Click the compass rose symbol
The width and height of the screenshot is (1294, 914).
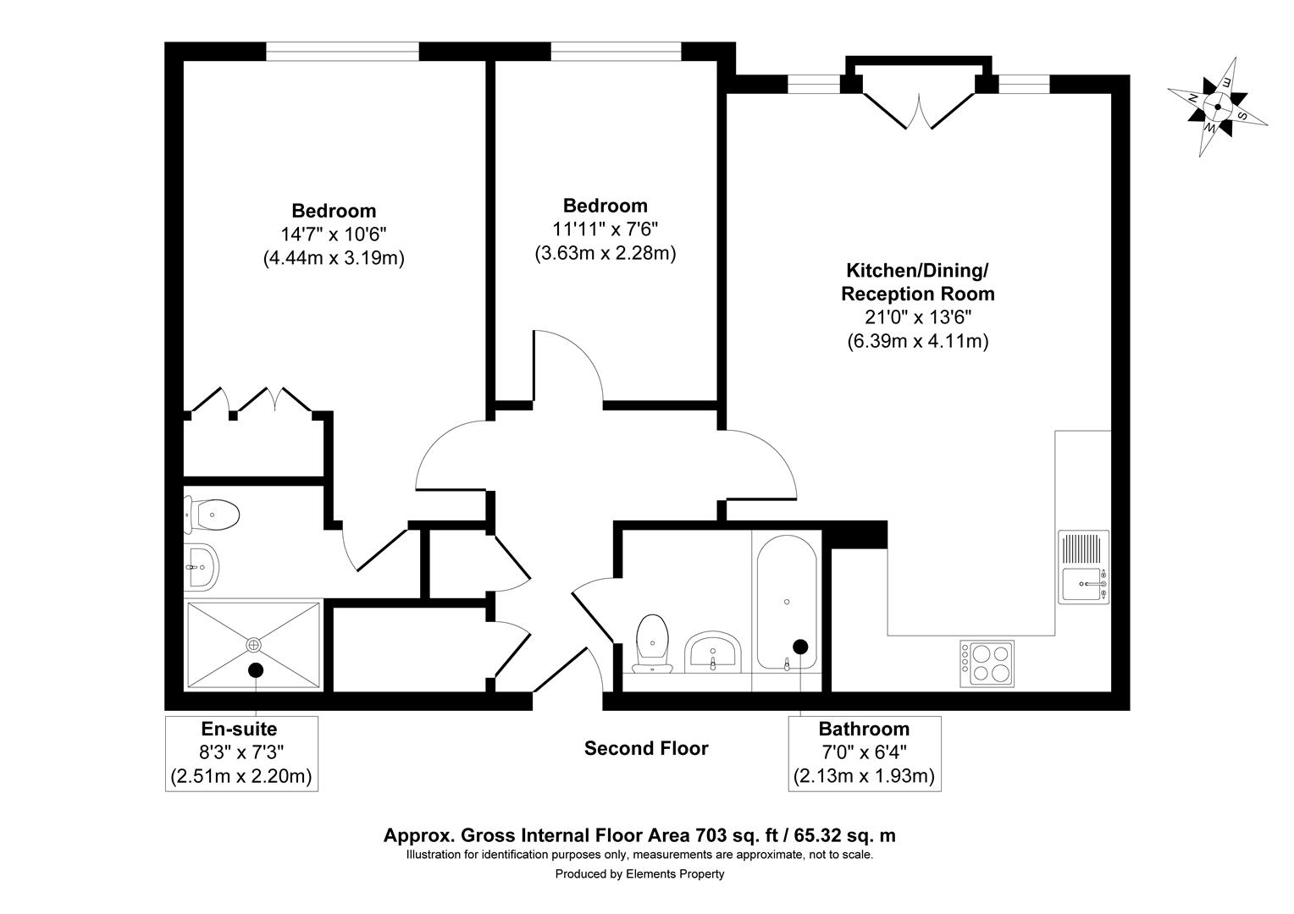point(1217,107)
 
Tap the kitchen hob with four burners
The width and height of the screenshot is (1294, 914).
point(987,662)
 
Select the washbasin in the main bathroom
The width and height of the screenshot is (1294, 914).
point(713,652)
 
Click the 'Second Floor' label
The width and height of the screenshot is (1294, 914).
point(646,748)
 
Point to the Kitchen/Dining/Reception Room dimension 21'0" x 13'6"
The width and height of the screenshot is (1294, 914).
point(917,317)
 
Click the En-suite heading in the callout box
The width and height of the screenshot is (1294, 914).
point(239,729)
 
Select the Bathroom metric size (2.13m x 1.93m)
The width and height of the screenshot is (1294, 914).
point(864,775)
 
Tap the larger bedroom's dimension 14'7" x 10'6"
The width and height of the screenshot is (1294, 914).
point(334,234)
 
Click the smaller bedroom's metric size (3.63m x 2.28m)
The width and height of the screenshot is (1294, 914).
point(606,252)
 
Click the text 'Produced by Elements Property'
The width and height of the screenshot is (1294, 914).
point(639,874)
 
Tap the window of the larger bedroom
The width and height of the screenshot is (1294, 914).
point(342,52)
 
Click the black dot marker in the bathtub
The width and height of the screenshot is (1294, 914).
point(799,647)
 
